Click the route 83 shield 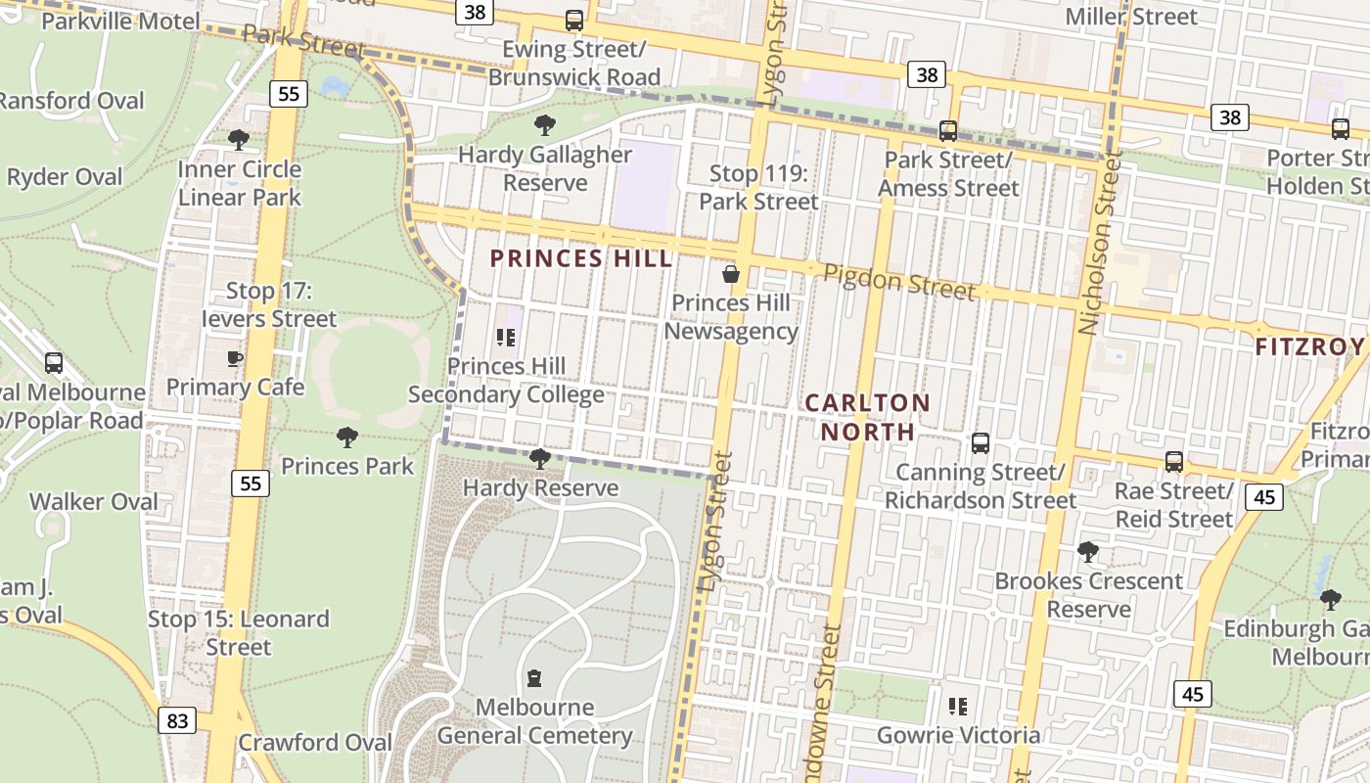177,721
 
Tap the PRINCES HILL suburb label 581,258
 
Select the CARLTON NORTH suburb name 867,417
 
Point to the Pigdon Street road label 899,282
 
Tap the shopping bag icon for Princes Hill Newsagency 730,274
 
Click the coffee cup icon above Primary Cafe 235,358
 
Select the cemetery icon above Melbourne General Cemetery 534,677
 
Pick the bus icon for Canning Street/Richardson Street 981,443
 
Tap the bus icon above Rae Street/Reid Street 1174,462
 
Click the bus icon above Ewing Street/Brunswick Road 574,20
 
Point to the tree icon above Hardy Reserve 539,458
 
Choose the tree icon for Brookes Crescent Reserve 1087,552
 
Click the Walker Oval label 94,501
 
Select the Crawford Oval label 314,743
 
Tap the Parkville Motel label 120,21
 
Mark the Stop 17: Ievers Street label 269,304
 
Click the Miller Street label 1131,17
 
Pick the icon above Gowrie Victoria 958,706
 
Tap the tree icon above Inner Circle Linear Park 238,140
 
